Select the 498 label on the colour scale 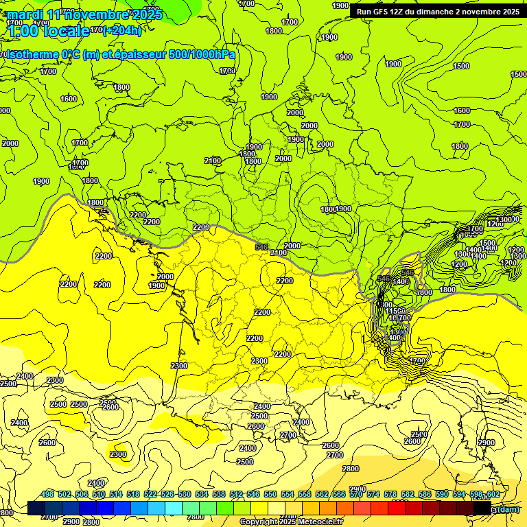[x=47, y=495]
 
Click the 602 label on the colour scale [x=493, y=495]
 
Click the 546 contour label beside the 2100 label [x=261, y=246]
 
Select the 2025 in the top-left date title [x=146, y=14]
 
